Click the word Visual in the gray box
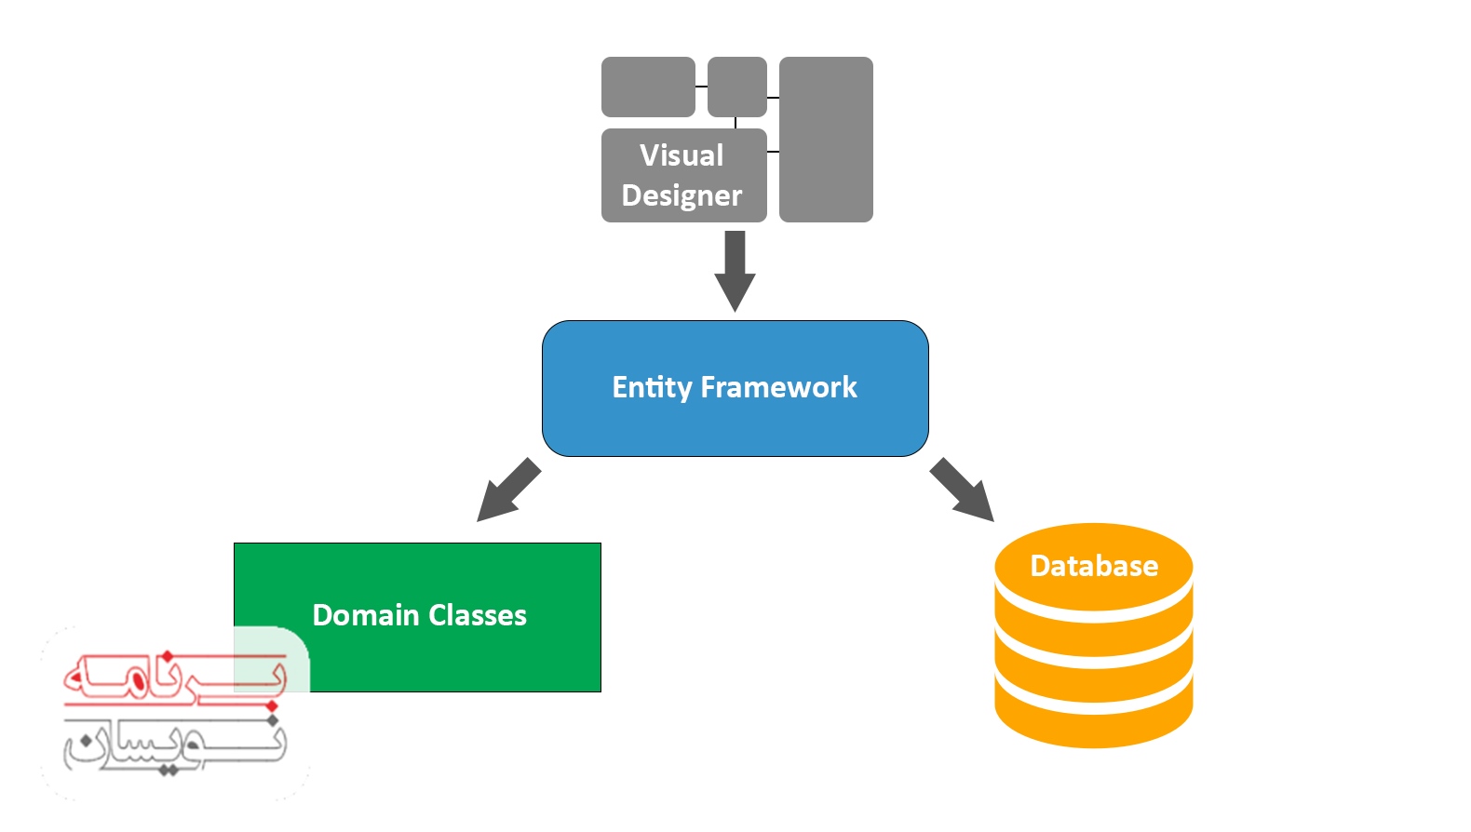pyautogui.click(x=682, y=155)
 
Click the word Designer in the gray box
pyautogui.click(x=682, y=195)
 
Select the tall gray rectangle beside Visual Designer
pyautogui.click(x=826, y=140)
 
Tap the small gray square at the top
pyautogui.click(x=736, y=87)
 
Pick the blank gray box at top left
pyautogui.click(x=648, y=87)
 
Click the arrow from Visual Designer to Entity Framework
pyautogui.click(x=735, y=270)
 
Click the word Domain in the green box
pyautogui.click(x=365, y=615)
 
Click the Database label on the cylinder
pyautogui.click(x=1094, y=566)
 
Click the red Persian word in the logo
pyautogui.click(x=172, y=677)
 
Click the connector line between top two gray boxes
pyautogui.click(x=701, y=87)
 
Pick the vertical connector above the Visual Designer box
pyautogui.click(x=735, y=123)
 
